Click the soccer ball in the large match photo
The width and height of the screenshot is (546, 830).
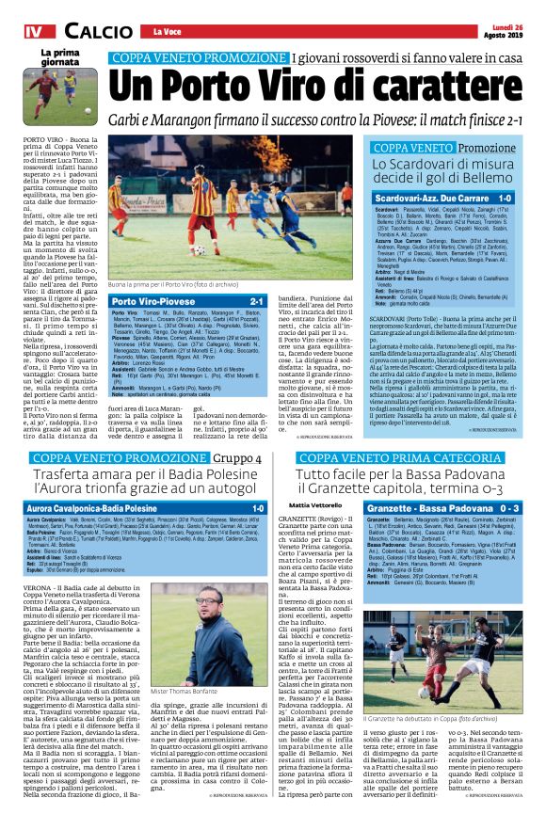[200, 249]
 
